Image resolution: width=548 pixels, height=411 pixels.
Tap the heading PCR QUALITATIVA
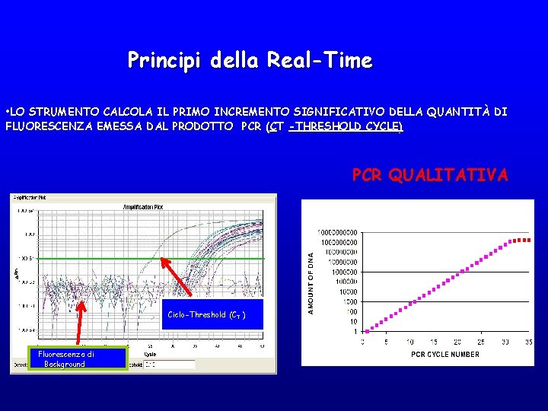point(429,176)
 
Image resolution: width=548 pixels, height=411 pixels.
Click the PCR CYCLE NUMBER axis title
point(445,354)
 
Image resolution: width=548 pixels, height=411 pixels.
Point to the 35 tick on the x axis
point(529,342)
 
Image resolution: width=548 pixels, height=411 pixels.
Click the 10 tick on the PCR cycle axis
point(410,342)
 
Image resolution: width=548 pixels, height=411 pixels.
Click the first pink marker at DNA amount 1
point(367,331)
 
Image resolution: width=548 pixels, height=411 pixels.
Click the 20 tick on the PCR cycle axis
point(457,342)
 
